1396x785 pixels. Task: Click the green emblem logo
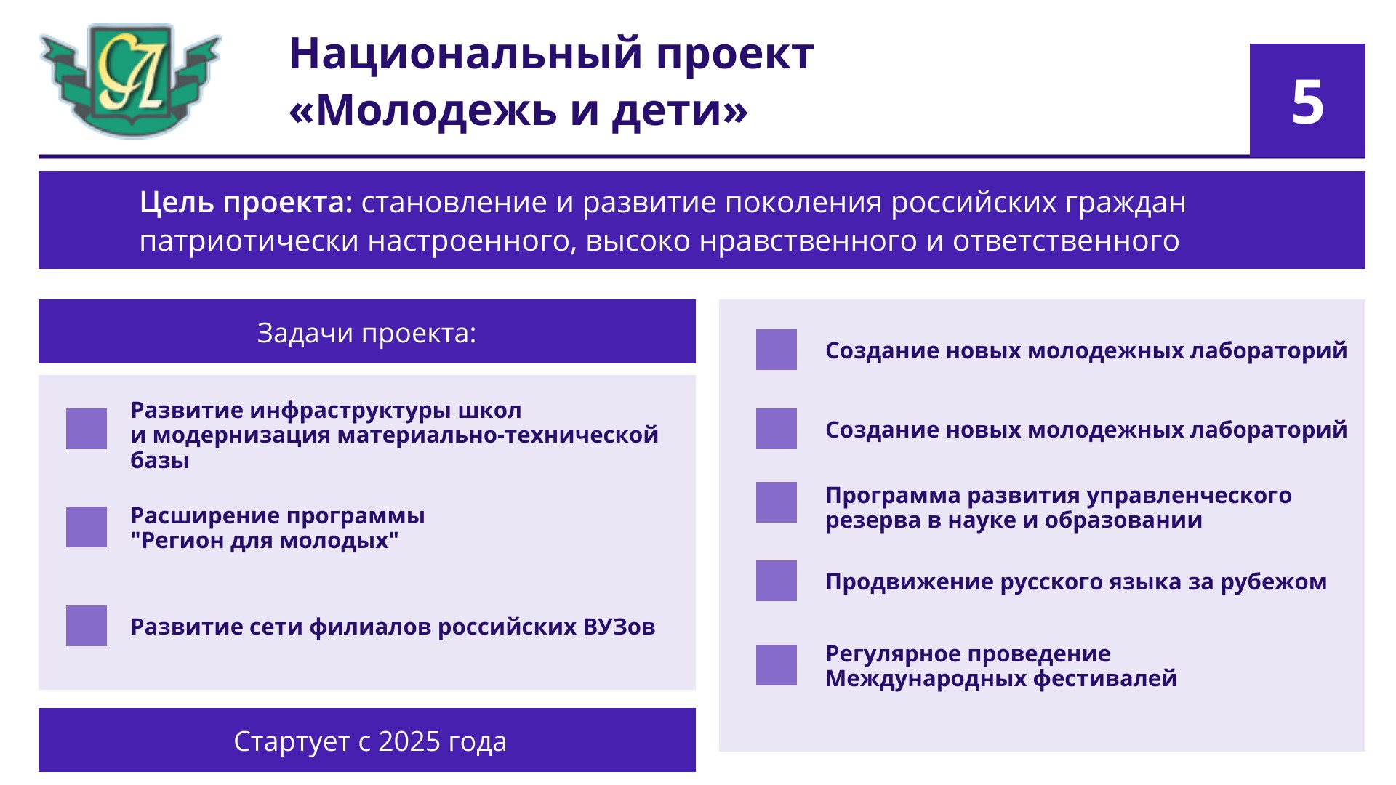coord(130,80)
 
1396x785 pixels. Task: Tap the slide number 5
coord(1307,102)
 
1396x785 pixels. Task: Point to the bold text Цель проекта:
coord(246,202)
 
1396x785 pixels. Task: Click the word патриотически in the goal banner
coord(249,241)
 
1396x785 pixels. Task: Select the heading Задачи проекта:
coord(366,333)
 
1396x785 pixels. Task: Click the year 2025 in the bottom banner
coord(409,741)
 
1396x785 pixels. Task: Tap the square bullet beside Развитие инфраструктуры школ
coord(87,429)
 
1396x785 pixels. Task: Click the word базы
coord(160,460)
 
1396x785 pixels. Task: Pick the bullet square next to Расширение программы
coord(87,527)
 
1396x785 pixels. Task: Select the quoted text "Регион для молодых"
coord(265,541)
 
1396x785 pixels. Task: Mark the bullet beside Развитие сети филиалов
coord(87,626)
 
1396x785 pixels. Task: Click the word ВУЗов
coord(619,627)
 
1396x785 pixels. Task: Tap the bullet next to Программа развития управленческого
coord(777,502)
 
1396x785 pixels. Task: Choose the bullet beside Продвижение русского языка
coord(777,581)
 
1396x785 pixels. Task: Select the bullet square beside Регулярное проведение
coord(777,665)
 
